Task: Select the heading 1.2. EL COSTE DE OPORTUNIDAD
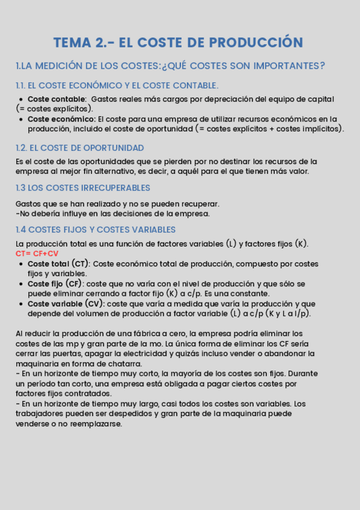click(x=79, y=148)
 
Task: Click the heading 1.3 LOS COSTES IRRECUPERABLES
click(x=83, y=188)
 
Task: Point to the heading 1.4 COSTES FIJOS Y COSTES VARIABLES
click(x=96, y=230)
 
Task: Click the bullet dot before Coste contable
click(x=22, y=99)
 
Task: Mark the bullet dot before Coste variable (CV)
click(x=22, y=304)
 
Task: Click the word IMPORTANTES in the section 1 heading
click(x=287, y=66)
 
